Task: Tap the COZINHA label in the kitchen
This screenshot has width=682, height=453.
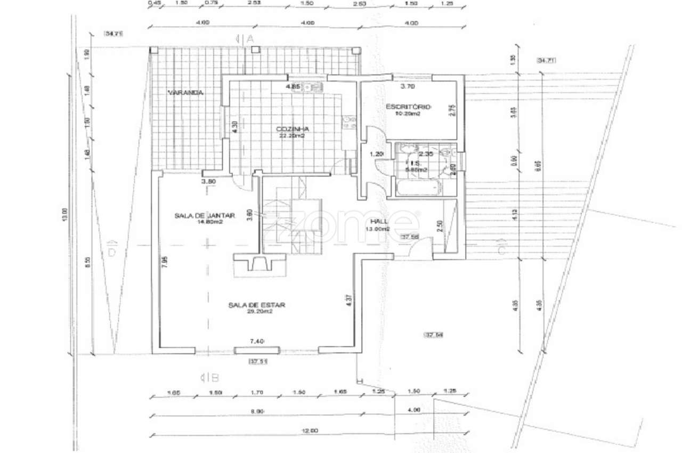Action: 293,129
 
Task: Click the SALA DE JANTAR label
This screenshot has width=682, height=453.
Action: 204,215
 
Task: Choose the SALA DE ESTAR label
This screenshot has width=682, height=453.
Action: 257,305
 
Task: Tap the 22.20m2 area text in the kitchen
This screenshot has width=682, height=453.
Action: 293,136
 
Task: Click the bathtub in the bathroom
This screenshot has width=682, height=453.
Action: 418,187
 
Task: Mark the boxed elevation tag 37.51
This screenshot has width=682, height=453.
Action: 258,361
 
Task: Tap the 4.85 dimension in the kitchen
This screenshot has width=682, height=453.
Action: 293,86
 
